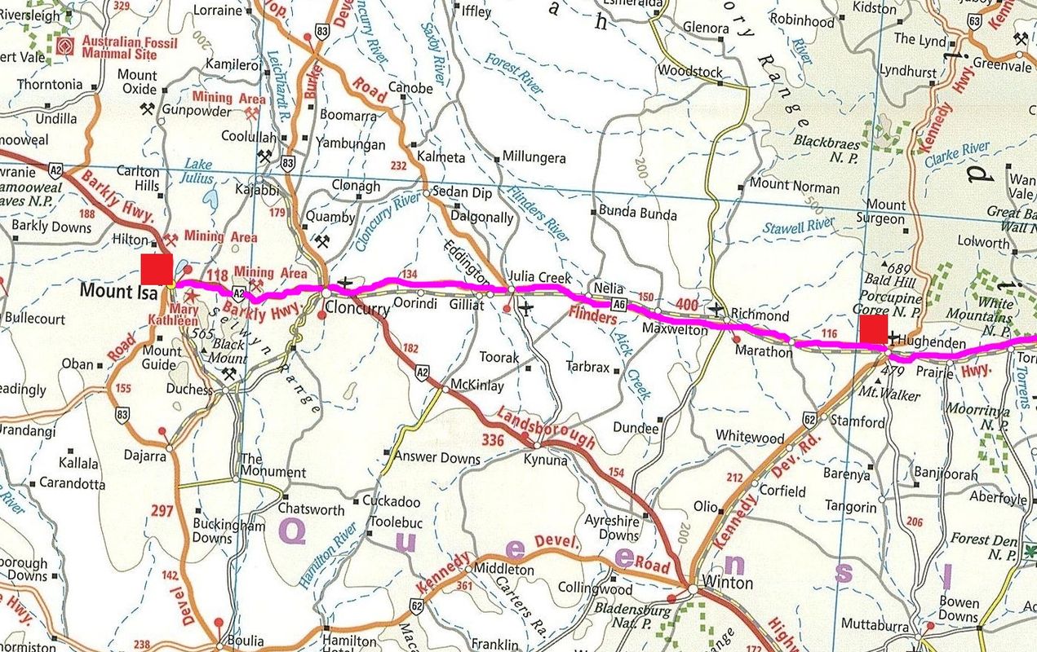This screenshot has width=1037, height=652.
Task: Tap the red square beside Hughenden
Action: (873, 331)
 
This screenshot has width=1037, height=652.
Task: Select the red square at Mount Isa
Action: (156, 269)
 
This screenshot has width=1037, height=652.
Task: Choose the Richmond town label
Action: (760, 315)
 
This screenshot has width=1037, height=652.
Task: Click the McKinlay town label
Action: (477, 385)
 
